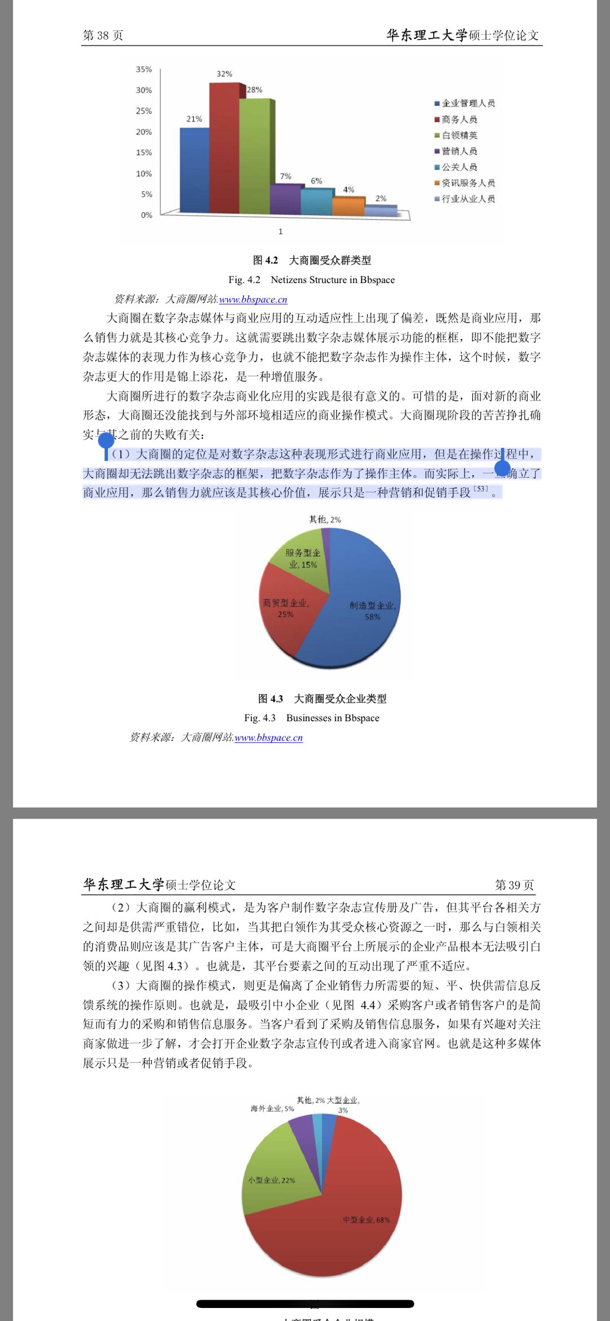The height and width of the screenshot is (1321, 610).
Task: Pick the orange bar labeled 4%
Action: (x=348, y=206)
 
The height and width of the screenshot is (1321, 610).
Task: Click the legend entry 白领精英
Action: (x=460, y=136)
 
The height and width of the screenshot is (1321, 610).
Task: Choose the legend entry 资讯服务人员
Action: (x=468, y=183)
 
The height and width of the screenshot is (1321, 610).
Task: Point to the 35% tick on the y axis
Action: (x=144, y=69)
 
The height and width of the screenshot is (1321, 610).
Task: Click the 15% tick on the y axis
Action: (x=144, y=152)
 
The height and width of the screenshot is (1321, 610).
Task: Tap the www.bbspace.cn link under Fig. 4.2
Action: (x=253, y=299)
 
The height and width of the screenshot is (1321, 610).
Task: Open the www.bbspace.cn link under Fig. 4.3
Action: (x=269, y=738)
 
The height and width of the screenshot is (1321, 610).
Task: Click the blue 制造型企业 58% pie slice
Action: (x=361, y=610)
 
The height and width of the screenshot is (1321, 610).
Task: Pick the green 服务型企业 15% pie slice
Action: (x=302, y=559)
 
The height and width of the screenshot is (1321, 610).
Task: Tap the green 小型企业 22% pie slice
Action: (x=274, y=1175)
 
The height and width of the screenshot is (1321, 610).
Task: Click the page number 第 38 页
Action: (x=103, y=36)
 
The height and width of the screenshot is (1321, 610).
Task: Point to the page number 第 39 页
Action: (x=514, y=885)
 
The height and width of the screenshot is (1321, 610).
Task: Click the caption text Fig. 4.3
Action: (x=260, y=718)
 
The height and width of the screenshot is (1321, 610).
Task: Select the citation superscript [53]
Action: (x=481, y=489)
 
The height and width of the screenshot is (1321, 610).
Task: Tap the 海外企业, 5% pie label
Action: (x=272, y=1109)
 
